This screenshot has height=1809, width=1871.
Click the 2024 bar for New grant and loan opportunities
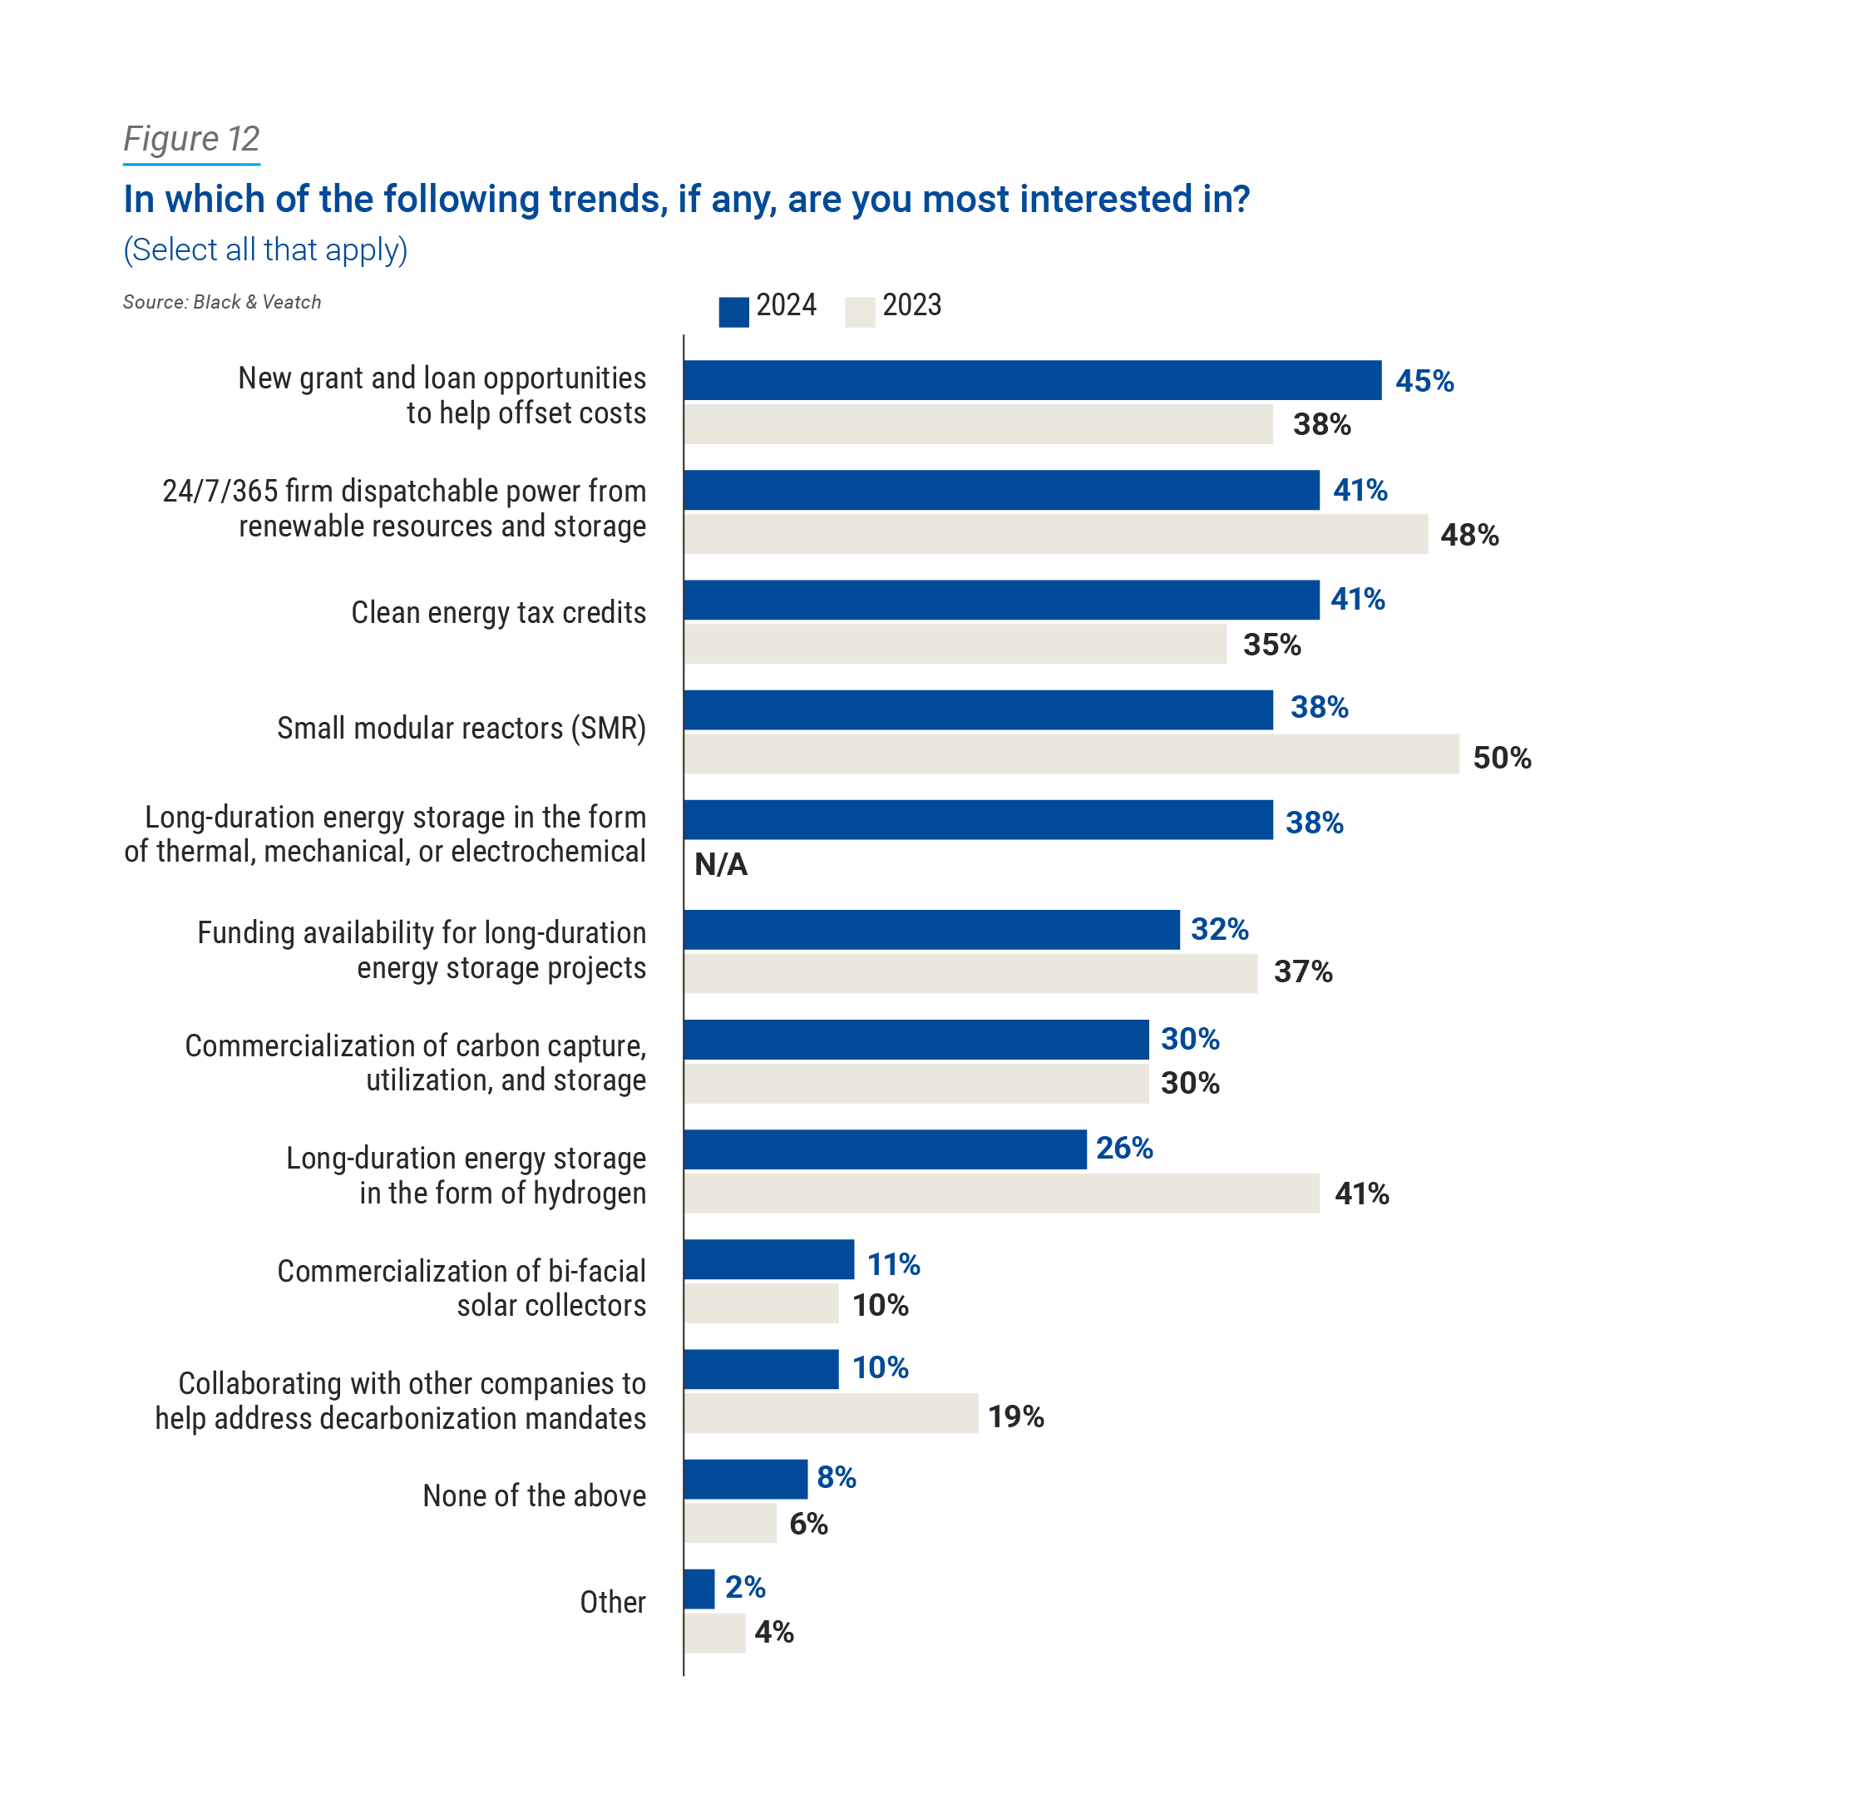coord(1032,380)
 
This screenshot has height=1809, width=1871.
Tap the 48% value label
coord(1469,535)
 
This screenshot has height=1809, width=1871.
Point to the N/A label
coord(721,864)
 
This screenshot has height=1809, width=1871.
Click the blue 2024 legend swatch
coord(733,312)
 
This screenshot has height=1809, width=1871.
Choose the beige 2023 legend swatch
coord(859,312)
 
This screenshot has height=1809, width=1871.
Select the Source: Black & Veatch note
coord(221,302)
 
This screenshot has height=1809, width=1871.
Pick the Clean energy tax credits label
coord(498,612)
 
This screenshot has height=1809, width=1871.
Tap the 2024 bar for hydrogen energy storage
coord(885,1149)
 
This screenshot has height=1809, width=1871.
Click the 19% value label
coord(1015,1416)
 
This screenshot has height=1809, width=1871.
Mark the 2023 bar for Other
coord(714,1633)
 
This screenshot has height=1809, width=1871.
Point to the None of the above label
coord(534,1495)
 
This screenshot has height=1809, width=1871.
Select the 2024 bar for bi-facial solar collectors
coord(768,1259)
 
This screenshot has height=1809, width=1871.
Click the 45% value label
coord(1424,381)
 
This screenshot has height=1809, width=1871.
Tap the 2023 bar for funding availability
coord(970,974)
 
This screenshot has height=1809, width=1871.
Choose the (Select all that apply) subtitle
coord(265,250)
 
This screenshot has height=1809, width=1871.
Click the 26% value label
coord(1123,1148)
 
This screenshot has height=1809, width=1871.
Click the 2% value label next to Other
coord(744,1587)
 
